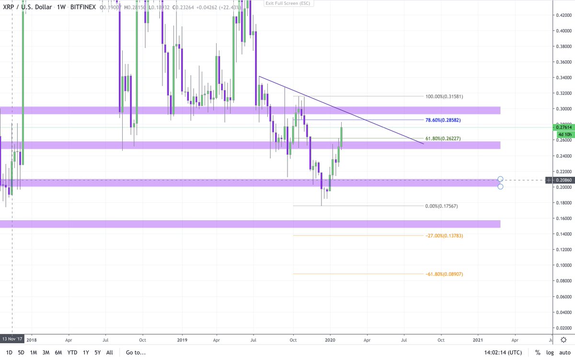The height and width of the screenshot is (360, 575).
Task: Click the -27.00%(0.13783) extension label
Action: pos(444,235)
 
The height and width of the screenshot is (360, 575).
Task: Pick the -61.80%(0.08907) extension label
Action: pos(444,274)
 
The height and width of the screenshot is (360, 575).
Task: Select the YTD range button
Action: pos(72,353)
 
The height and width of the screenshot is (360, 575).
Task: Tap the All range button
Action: pos(109,353)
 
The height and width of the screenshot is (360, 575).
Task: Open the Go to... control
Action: pos(135,353)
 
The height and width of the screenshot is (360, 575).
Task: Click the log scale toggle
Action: pos(550,353)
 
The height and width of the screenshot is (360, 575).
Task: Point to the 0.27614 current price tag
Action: pos(562,128)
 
